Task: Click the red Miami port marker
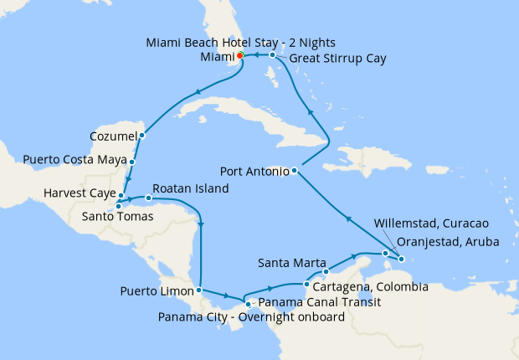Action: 240,56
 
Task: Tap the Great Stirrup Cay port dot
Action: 273,55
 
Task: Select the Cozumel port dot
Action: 142,135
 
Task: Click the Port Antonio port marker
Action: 295,172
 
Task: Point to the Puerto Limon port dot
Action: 199,291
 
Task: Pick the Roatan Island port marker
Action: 149,198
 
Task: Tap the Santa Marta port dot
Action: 326,271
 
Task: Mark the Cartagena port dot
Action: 306,285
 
